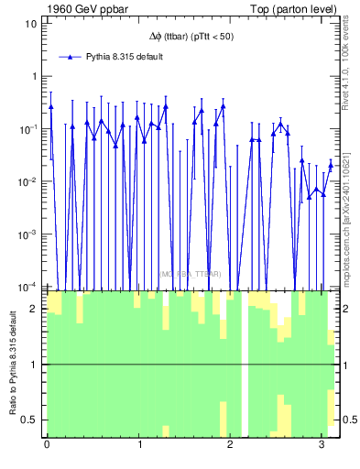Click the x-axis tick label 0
tap(47, 445)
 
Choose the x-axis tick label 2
tap(231, 445)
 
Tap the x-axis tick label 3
tap(322, 445)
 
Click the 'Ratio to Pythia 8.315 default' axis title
tap(12, 364)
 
